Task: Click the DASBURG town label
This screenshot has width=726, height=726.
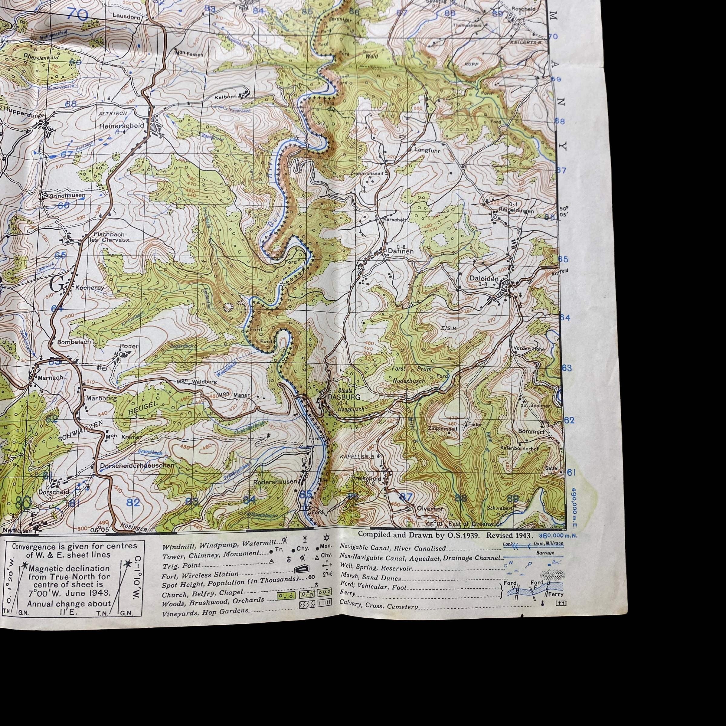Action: point(344,397)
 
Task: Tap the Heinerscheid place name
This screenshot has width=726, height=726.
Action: point(121,126)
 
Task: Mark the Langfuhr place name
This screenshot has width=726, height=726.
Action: point(427,150)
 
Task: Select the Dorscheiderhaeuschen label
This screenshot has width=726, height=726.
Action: point(137,465)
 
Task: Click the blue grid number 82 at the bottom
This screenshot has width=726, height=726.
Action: point(133,502)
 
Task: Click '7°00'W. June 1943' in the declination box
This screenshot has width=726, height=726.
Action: point(69,593)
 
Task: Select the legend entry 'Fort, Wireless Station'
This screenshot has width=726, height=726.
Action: point(200,575)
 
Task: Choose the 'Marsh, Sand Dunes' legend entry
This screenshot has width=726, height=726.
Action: point(371,577)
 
